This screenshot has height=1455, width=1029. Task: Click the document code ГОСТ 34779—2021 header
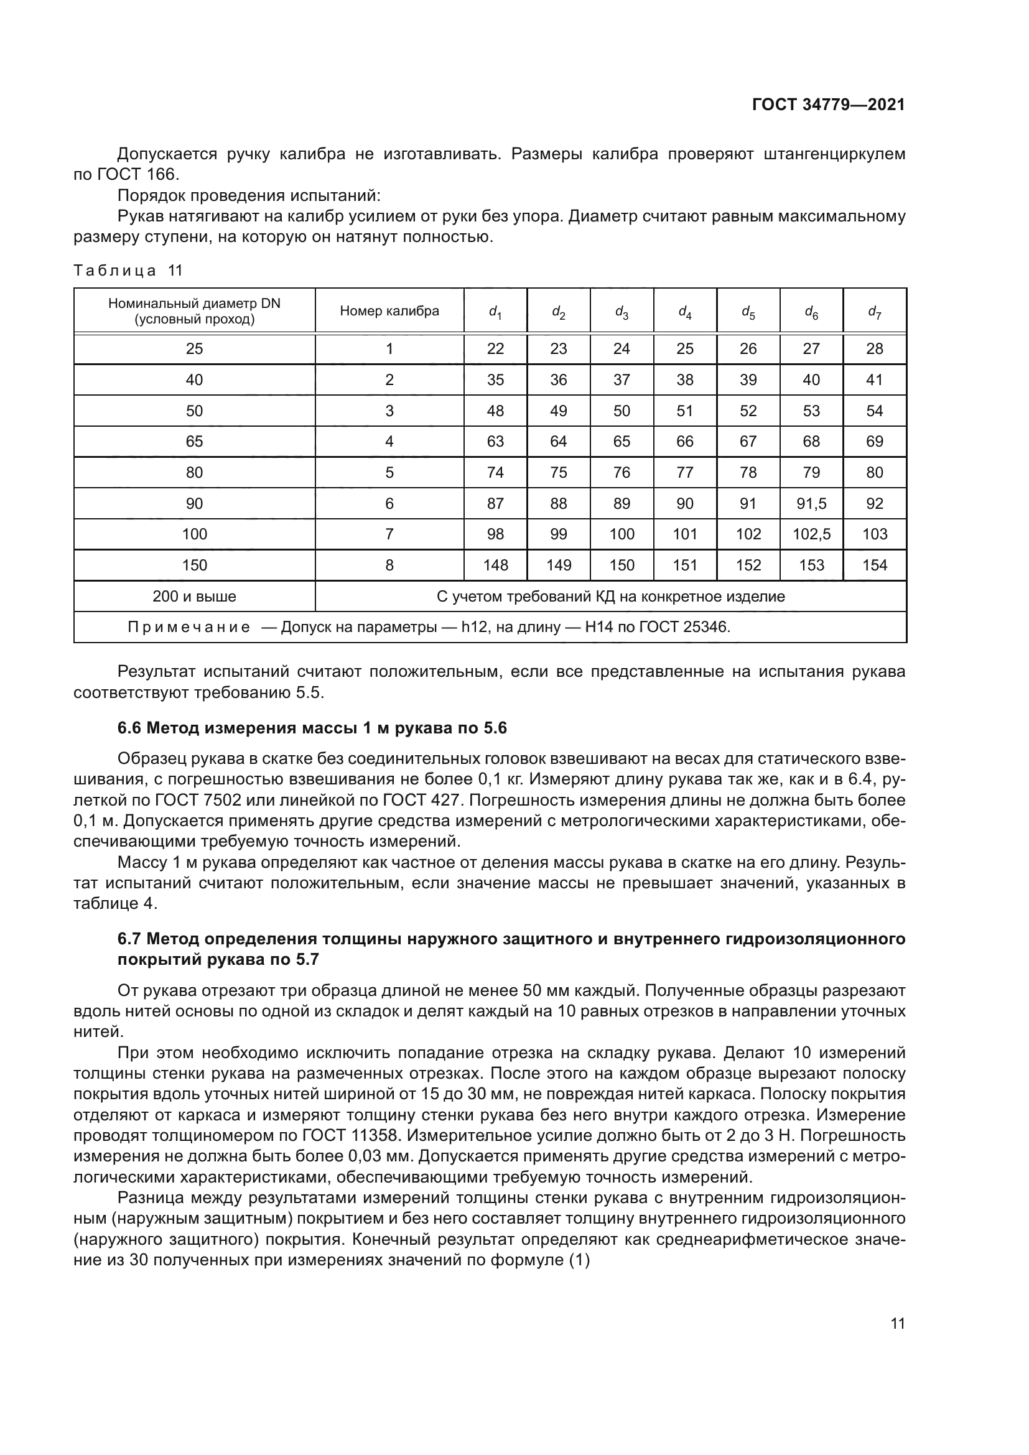(x=828, y=105)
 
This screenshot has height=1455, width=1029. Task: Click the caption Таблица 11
(x=128, y=271)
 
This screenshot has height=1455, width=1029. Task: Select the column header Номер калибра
(x=389, y=311)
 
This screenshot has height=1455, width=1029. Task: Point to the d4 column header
(x=684, y=312)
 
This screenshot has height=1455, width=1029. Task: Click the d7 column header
(x=873, y=312)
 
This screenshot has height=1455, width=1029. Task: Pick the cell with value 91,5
(x=811, y=504)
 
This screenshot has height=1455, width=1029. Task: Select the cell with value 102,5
(x=811, y=534)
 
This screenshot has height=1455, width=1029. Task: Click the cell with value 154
(x=873, y=565)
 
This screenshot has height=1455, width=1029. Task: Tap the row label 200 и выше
(x=194, y=597)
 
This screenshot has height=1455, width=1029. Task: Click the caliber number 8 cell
(x=389, y=565)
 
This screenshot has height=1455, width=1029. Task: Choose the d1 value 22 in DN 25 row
(x=495, y=349)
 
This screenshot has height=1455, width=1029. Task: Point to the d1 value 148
(x=495, y=565)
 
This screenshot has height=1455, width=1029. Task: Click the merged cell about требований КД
(x=610, y=597)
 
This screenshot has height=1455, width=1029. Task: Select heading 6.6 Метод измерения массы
(x=312, y=728)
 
